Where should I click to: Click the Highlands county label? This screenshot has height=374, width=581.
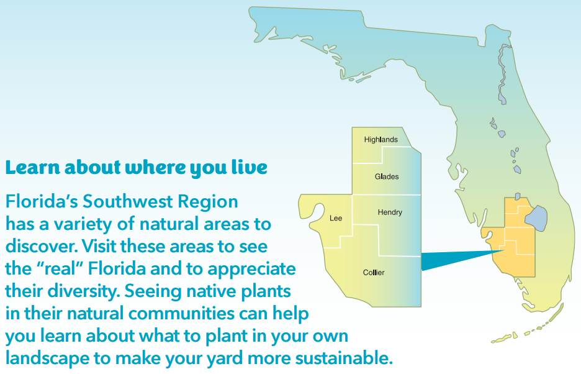click(381, 140)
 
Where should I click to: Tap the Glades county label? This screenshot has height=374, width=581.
click(387, 176)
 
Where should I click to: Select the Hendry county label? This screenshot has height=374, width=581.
click(390, 212)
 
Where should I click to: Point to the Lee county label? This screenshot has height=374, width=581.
click(336, 218)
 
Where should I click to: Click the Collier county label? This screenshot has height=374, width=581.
click(374, 273)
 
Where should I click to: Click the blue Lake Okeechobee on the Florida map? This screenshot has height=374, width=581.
click(536, 218)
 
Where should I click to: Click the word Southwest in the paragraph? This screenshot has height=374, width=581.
click(128, 201)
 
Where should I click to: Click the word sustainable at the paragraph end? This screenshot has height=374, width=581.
click(344, 358)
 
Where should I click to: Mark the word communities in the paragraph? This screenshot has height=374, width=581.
click(181, 314)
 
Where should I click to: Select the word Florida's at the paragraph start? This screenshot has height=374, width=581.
click(42, 201)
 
